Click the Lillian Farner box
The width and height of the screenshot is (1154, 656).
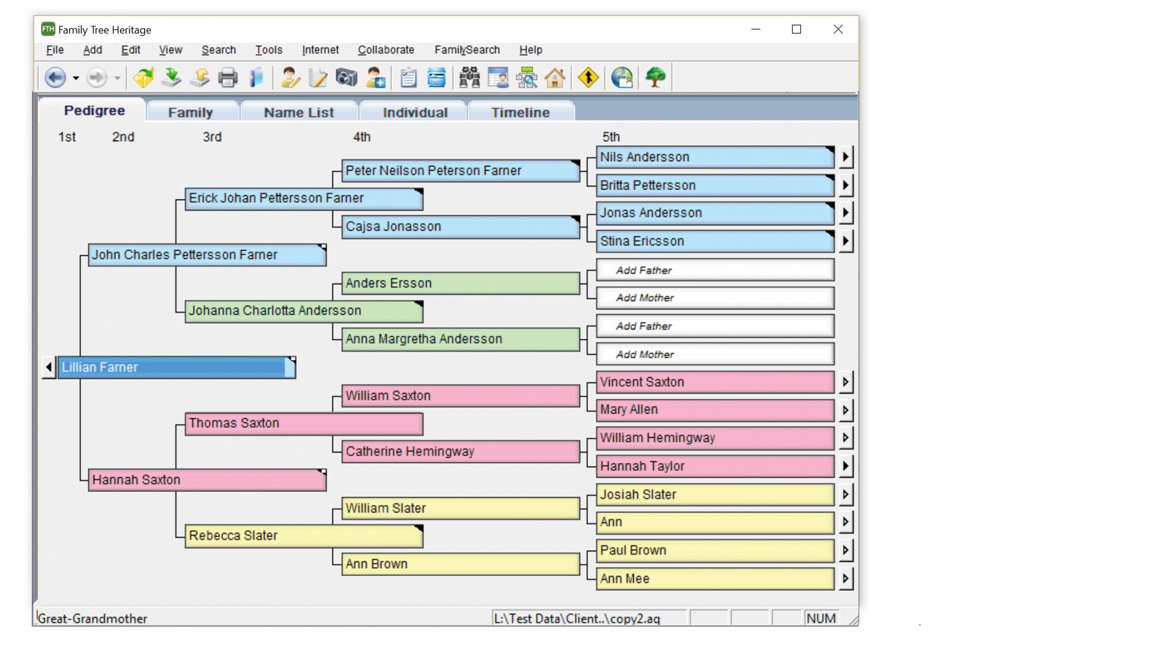176,367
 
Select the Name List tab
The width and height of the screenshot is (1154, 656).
299,112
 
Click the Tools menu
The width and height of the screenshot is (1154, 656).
269,50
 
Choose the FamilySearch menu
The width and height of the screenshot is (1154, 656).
467,50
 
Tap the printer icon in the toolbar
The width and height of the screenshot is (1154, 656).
228,78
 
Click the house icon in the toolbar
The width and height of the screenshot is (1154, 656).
555,78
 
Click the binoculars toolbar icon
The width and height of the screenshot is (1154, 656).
469,78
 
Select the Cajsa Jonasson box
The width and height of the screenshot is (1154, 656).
460,227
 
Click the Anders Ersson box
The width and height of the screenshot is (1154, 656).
460,283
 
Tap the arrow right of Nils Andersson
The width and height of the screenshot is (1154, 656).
845,157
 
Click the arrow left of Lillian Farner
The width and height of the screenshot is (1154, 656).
49,367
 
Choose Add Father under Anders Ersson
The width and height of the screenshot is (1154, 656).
715,270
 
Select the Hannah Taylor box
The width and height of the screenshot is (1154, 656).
715,466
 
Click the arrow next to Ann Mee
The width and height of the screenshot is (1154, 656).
845,579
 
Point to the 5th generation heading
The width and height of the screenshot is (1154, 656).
610,137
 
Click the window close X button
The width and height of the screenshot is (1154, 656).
838,30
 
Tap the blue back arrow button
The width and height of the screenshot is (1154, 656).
55,78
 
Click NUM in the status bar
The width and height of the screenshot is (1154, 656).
821,619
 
